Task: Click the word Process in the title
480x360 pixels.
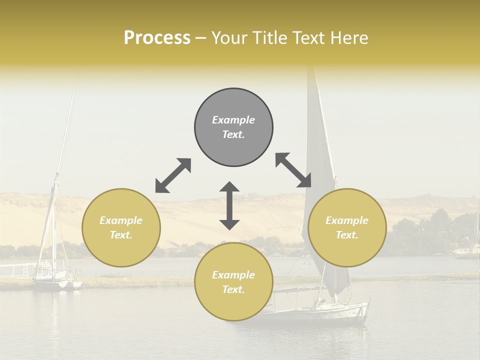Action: coord(157,38)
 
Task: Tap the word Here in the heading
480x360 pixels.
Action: coord(348,38)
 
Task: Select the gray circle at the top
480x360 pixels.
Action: coord(233,127)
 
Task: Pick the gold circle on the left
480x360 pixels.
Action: coord(121,227)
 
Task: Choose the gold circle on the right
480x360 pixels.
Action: coord(347,227)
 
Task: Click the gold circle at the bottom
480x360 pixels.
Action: coord(233,281)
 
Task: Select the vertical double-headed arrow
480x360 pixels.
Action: coord(229,205)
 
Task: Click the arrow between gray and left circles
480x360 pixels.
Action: coord(173,175)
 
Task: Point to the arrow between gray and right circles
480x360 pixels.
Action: coord(293,170)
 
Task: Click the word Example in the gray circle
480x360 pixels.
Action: coord(233,120)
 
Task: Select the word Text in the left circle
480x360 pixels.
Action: coord(121,235)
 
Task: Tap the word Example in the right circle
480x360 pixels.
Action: coord(347,220)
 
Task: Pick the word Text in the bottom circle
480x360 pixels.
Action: coord(233,289)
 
